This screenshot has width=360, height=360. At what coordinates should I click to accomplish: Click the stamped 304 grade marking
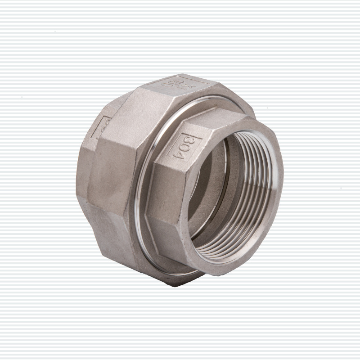click(189, 145)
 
